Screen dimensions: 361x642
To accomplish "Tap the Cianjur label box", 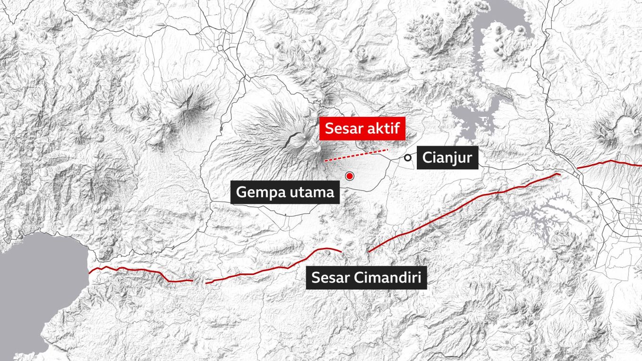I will (448, 158).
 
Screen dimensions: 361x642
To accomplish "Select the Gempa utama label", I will (285, 193).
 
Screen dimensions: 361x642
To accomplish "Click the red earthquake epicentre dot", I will (350, 176).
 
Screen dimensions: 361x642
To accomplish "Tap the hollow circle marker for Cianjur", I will (407, 158).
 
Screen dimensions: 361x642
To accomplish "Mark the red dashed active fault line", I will (356, 155).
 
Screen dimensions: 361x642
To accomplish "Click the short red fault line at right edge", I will (610, 163).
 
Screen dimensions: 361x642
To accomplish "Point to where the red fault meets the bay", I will (89, 272).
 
